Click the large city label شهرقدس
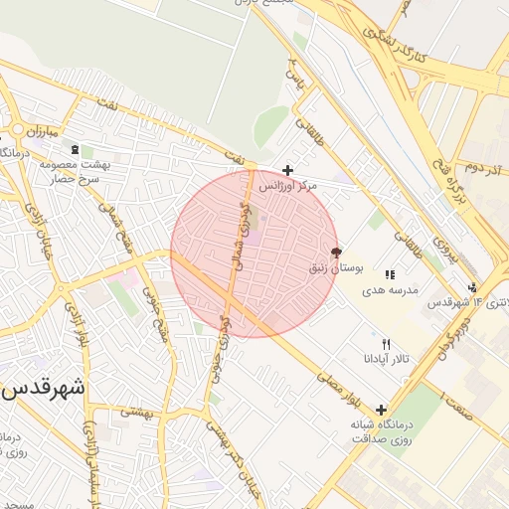[x=45, y=389]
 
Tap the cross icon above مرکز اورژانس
[x=288, y=170]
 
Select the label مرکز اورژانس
[x=288, y=186]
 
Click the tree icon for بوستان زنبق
[x=335, y=253]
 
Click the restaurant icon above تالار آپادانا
[x=374, y=343]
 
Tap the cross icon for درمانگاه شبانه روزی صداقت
[x=382, y=409]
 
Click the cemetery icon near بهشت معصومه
[x=76, y=149]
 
